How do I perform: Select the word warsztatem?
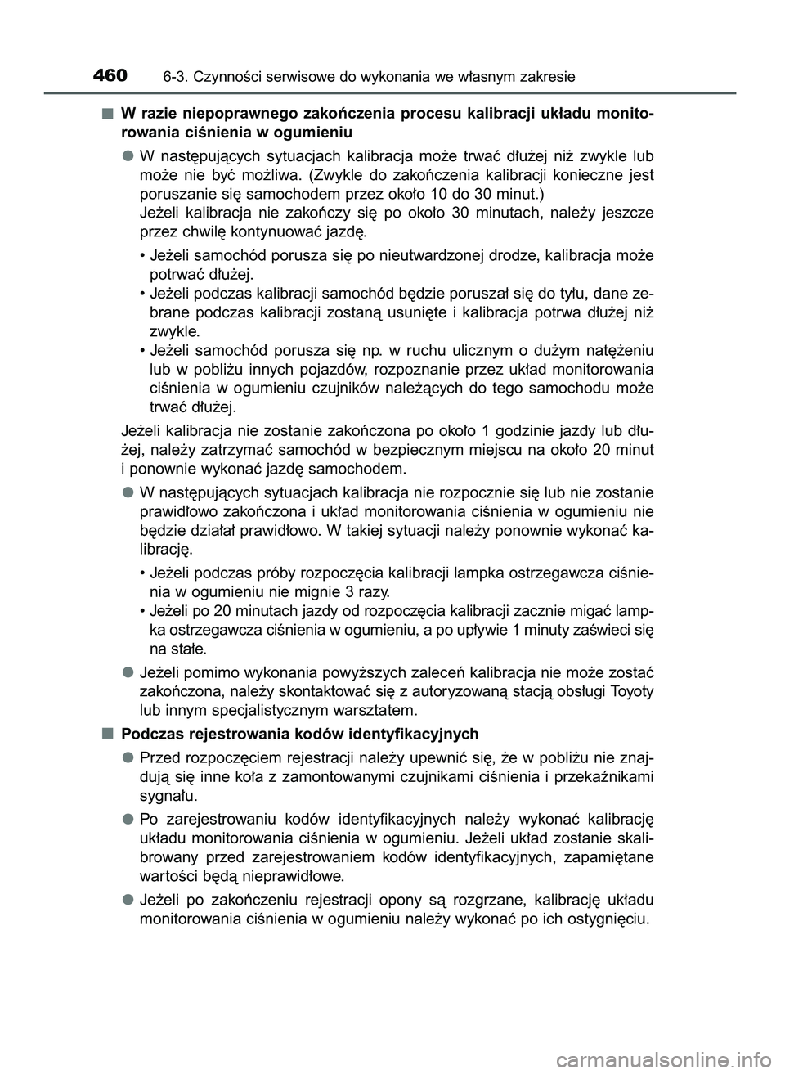(377, 709)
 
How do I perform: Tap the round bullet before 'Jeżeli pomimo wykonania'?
(128, 672)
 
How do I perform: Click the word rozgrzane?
(482, 900)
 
